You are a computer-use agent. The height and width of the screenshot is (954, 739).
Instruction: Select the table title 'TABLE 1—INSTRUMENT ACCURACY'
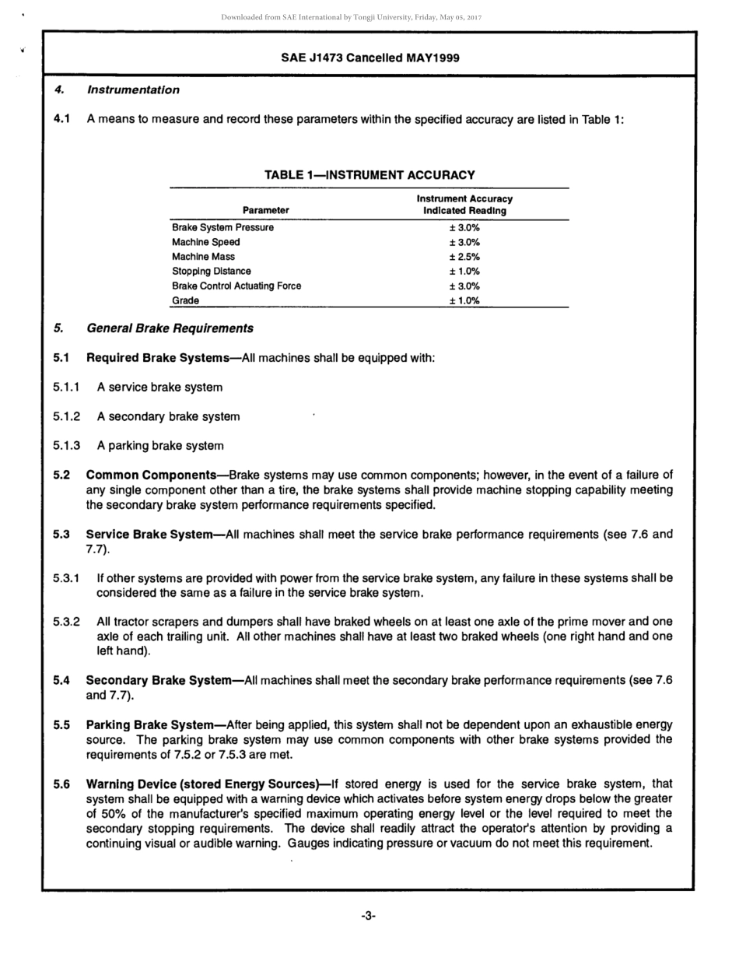point(369,175)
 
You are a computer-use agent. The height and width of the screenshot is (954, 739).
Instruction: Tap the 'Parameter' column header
point(265,210)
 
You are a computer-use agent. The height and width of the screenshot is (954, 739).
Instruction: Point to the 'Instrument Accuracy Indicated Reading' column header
point(464,205)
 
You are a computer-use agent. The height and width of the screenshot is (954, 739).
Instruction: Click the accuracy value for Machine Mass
point(464,257)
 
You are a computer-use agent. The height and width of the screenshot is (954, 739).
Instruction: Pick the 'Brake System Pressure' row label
point(222,228)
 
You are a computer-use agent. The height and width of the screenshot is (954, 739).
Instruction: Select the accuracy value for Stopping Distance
point(464,272)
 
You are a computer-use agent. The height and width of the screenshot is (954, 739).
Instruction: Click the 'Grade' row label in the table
point(185,300)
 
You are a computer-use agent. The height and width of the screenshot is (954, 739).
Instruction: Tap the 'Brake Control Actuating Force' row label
point(236,286)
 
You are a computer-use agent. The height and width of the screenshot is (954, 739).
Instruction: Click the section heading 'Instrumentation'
point(133,90)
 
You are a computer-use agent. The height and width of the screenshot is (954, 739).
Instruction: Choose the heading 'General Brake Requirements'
point(170,328)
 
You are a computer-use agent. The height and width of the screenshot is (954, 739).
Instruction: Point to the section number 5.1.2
point(67,416)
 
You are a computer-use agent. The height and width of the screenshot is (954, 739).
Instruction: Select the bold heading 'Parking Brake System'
point(149,725)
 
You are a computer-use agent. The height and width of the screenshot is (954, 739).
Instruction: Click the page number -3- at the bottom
point(369,916)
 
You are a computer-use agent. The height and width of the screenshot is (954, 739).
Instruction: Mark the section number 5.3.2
point(67,622)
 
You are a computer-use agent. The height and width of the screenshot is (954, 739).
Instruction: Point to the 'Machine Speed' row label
point(206,242)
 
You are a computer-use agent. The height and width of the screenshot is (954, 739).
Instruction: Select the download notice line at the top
point(369,17)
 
